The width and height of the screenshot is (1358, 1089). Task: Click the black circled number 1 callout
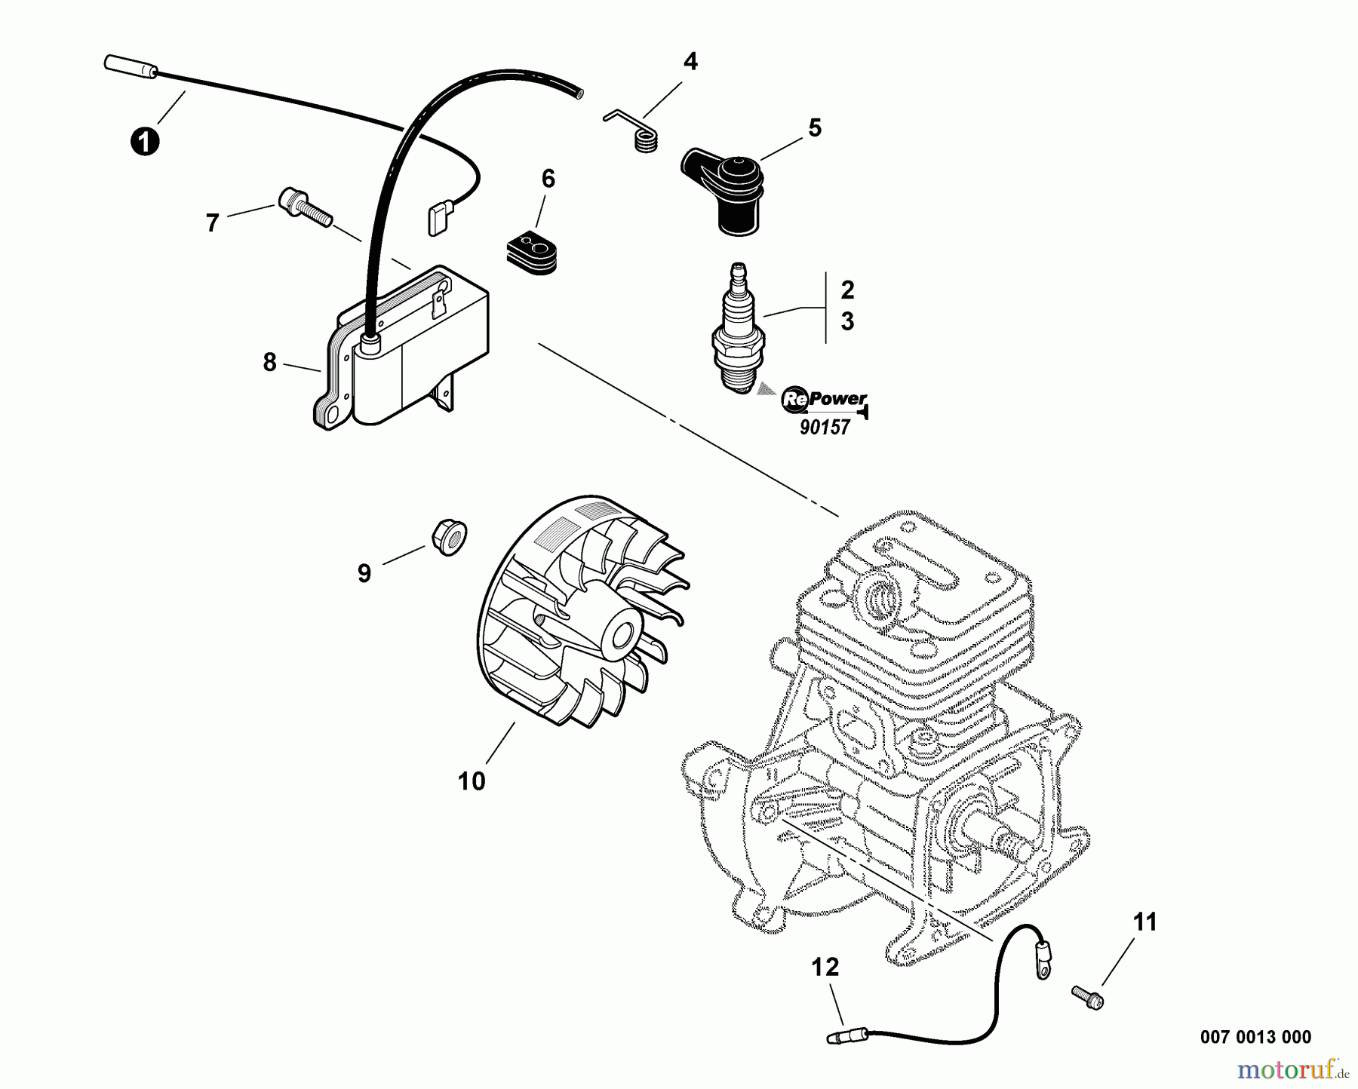click(x=144, y=142)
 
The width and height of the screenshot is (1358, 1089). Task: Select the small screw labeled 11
click(x=1087, y=996)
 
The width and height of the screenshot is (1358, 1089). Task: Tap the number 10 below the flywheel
click(x=472, y=781)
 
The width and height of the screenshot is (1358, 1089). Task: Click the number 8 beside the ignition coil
click(x=269, y=363)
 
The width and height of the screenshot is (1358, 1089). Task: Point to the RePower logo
click(x=824, y=400)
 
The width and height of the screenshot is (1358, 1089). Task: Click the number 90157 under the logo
click(x=825, y=428)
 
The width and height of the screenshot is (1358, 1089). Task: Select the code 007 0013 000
click(x=1255, y=1037)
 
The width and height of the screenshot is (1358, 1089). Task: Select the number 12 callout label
click(x=825, y=968)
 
